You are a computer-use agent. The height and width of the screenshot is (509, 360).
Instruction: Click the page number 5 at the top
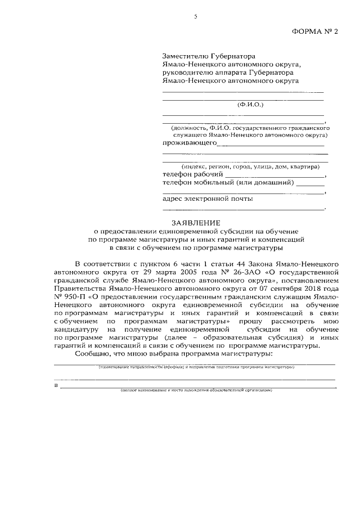[x=196, y=17]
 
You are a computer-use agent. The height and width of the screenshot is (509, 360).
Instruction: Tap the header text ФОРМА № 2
[x=318, y=33]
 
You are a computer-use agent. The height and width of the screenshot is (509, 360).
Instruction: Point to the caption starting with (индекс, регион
[x=250, y=166]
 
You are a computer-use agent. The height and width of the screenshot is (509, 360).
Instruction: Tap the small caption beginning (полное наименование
[x=197, y=390]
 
